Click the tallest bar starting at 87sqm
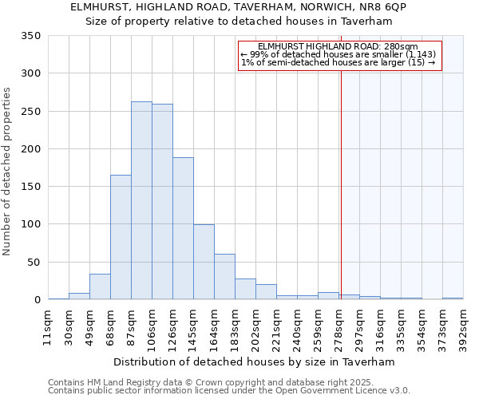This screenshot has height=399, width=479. point(141,200)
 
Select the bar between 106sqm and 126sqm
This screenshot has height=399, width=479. point(162,202)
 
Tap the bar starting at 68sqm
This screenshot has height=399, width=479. point(121,237)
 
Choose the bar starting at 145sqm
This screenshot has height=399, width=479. point(204,262)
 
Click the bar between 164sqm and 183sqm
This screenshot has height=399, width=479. point(224,277)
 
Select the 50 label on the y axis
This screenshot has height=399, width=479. point(34,262)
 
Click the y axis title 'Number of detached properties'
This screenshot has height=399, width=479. point(7,172)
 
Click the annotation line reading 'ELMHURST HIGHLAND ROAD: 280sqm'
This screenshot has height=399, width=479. point(338,47)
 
